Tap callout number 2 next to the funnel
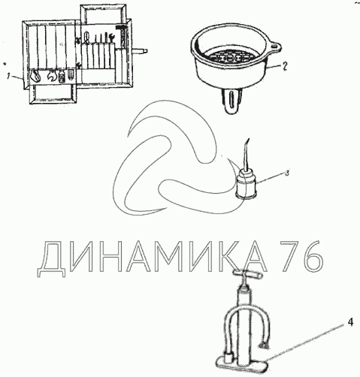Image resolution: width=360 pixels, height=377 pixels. click(x=285, y=66)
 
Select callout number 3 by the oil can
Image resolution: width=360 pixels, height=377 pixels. click(x=287, y=173)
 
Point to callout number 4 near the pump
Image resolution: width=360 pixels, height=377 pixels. click(x=351, y=322)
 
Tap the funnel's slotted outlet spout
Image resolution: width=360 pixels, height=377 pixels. click(x=232, y=101)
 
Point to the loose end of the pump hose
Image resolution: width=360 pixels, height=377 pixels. click(x=265, y=346)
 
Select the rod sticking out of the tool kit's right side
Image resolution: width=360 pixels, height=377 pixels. click(x=139, y=51)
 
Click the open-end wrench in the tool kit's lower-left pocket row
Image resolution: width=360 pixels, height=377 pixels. click(x=52, y=76)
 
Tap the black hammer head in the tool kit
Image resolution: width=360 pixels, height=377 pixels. click(x=122, y=26)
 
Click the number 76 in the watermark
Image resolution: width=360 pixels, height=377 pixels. click(x=301, y=256)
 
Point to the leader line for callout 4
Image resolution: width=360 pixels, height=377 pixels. click(x=304, y=342)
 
